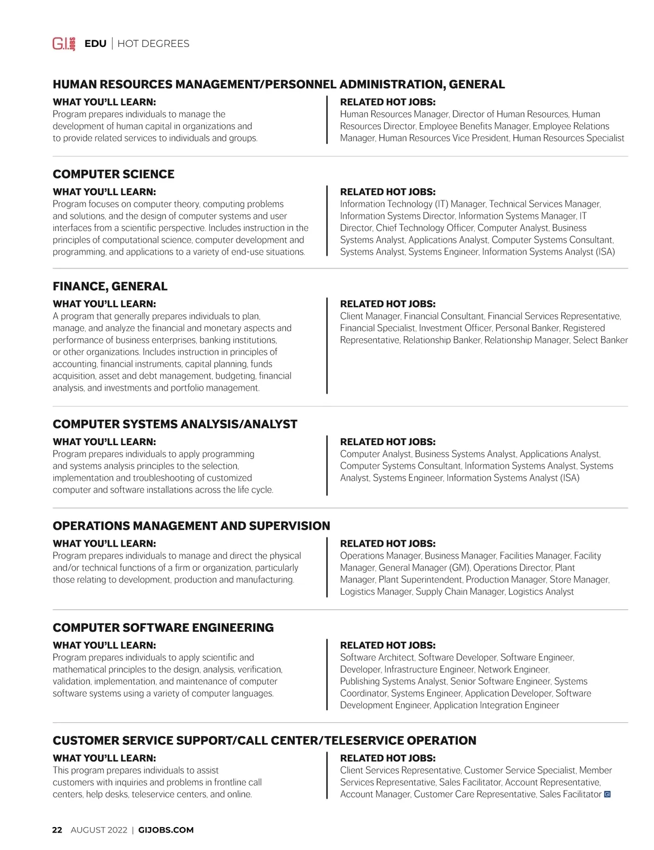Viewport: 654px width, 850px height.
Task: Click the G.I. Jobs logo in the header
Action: tap(64, 44)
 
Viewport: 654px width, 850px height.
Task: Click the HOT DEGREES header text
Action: tap(153, 44)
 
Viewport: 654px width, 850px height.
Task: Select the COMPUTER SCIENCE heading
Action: tap(113, 174)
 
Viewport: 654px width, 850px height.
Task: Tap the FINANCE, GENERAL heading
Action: tap(110, 286)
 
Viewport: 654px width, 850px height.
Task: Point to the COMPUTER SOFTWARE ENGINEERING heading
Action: tap(163, 627)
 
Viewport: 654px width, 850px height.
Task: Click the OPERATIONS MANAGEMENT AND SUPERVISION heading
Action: tap(191, 526)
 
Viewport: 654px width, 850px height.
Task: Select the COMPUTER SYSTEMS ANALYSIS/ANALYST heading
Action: tap(175, 424)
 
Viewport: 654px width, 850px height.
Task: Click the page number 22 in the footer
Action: tap(57, 830)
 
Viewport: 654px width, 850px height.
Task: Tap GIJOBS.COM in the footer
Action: tap(166, 830)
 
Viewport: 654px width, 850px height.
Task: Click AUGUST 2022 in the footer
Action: tap(99, 830)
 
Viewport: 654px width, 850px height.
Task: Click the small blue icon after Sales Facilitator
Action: tap(608, 794)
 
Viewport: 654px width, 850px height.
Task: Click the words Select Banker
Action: tap(600, 340)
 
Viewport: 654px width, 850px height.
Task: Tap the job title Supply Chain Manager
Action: tap(460, 591)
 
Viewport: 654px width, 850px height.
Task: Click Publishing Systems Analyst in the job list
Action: tap(393, 681)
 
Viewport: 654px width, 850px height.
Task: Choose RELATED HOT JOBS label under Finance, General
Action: tap(387, 304)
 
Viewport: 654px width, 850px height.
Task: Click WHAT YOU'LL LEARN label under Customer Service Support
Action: tap(104, 758)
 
